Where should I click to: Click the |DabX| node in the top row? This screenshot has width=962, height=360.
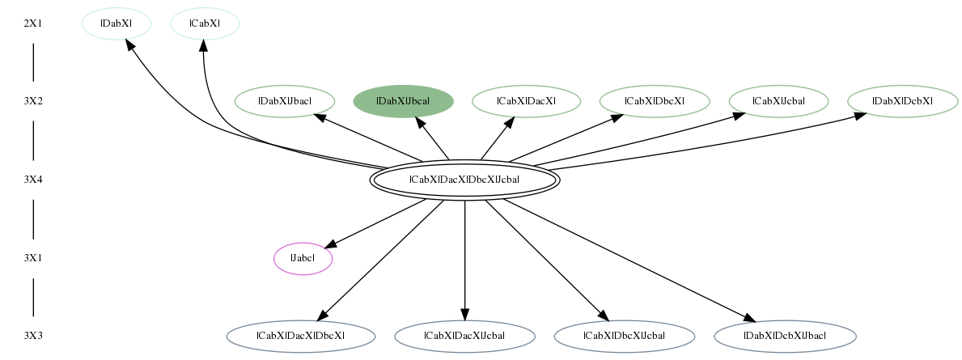pyautogui.click(x=117, y=24)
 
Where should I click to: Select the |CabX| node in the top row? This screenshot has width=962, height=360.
pyautogui.click(x=205, y=24)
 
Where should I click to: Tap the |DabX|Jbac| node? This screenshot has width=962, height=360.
pyautogui.click(x=285, y=101)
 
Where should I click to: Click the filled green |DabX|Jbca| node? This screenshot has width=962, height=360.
pyautogui.click(x=404, y=101)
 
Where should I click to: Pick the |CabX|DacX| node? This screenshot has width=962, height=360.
pyautogui.click(x=527, y=101)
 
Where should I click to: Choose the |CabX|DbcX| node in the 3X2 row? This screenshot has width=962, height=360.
pyautogui.click(x=655, y=101)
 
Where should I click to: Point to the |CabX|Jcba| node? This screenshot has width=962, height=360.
pyautogui.click(x=778, y=101)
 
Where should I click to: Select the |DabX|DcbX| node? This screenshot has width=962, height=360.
pyautogui.click(x=902, y=101)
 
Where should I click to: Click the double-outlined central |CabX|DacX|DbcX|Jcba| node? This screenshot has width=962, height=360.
pyautogui.click(x=464, y=180)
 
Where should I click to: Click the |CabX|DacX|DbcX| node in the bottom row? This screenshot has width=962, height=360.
pyautogui.click(x=301, y=336)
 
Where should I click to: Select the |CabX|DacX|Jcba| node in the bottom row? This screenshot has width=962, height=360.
pyautogui.click(x=464, y=336)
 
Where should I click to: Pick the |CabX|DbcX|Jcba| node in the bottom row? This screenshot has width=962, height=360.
pyautogui.click(x=624, y=336)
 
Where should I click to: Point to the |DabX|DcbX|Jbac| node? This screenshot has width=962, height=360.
pyautogui.click(x=785, y=336)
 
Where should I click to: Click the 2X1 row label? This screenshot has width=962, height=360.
pyautogui.click(x=33, y=24)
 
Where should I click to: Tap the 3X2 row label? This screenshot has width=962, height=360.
pyautogui.click(x=33, y=101)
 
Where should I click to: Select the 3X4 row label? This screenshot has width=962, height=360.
pyautogui.click(x=33, y=180)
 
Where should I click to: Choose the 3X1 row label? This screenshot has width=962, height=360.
pyautogui.click(x=33, y=258)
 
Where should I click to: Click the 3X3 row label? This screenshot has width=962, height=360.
pyautogui.click(x=33, y=336)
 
